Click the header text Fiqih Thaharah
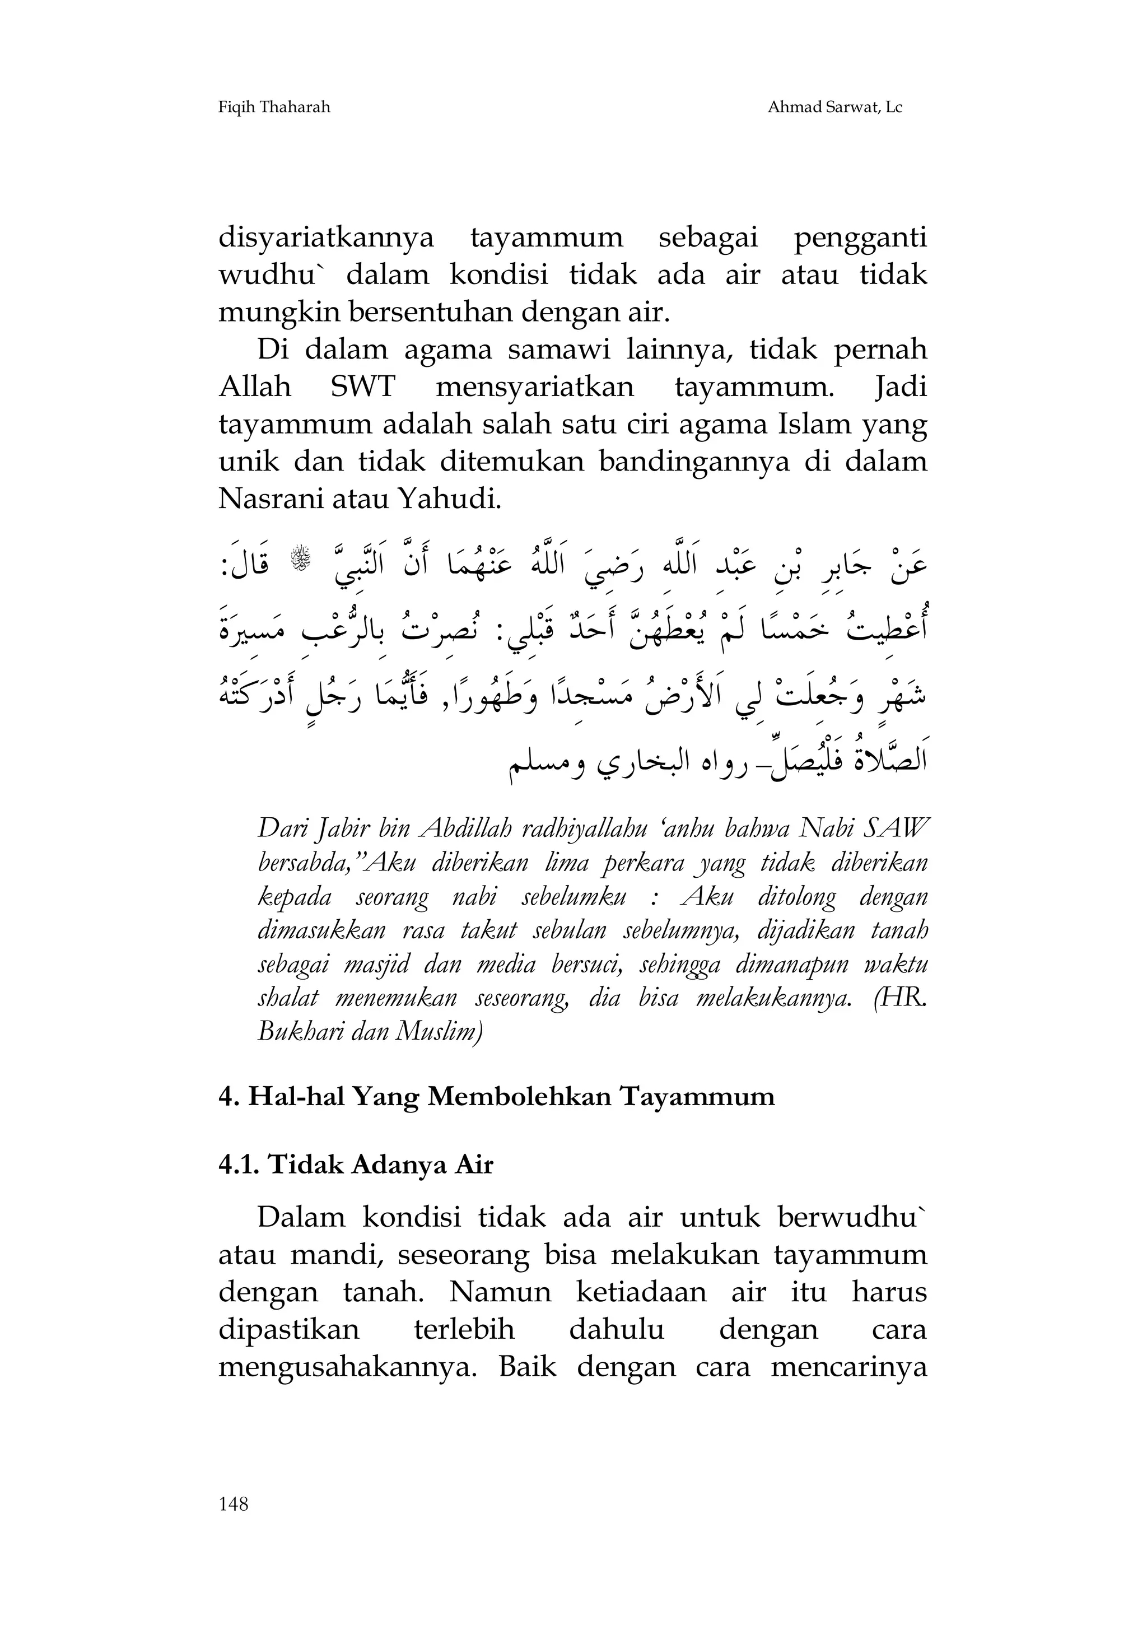click(274, 108)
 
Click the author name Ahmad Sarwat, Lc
click(834, 108)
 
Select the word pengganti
click(860, 238)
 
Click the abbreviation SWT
click(362, 388)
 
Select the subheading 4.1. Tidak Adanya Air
click(356, 1166)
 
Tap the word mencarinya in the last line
click(848, 1367)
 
